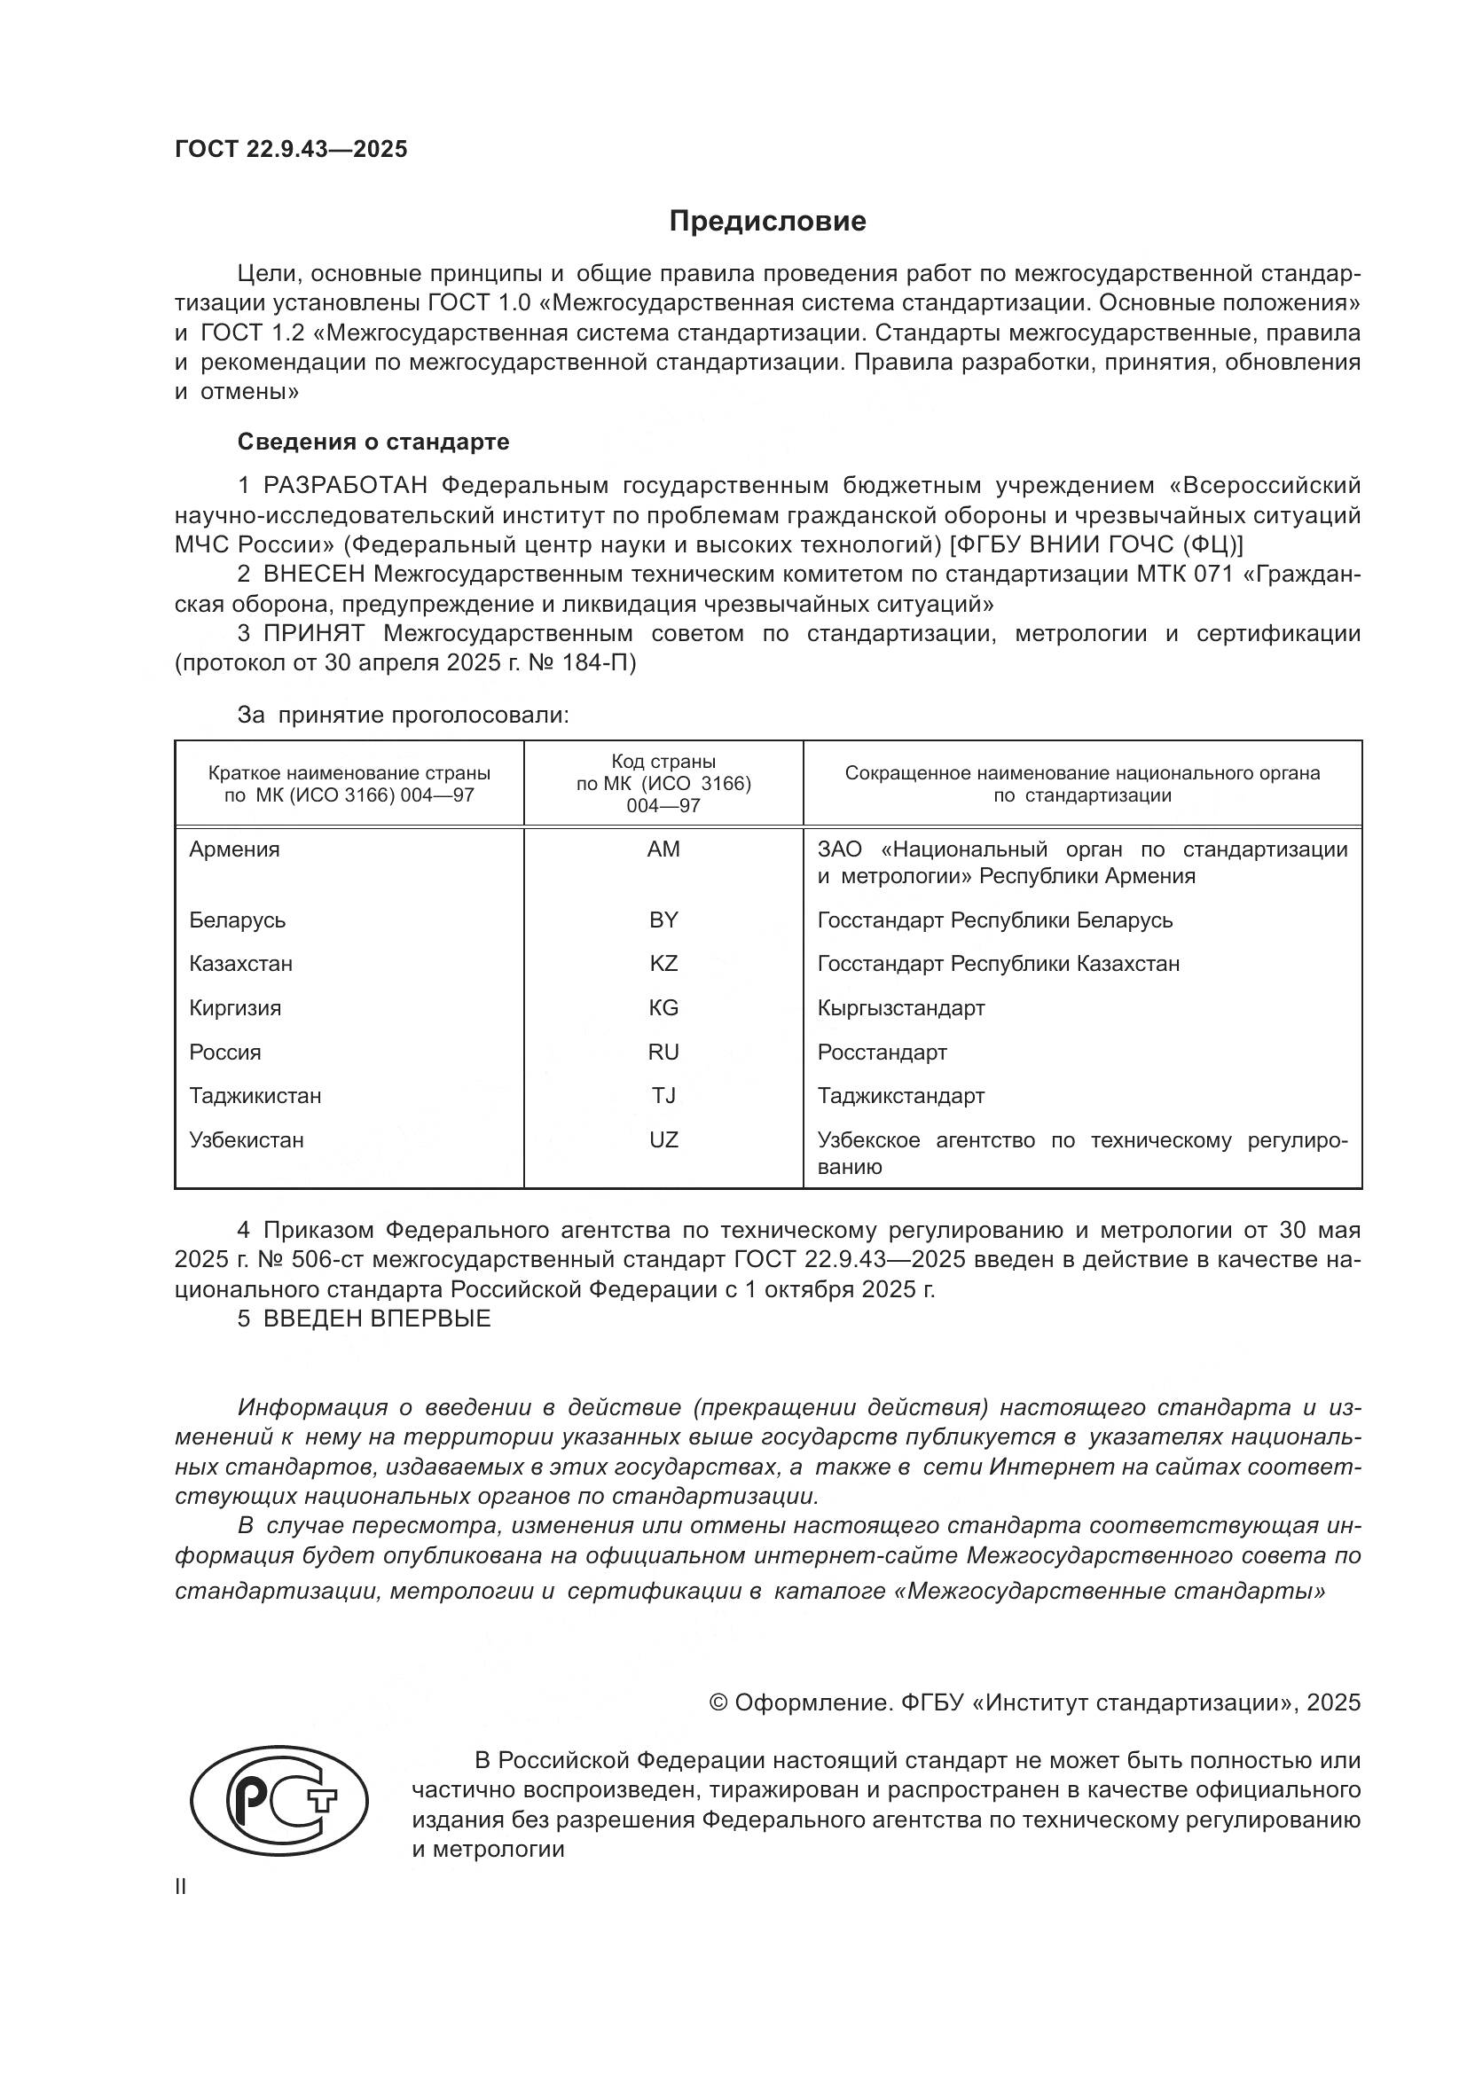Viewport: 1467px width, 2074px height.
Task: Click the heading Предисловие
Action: click(x=767, y=222)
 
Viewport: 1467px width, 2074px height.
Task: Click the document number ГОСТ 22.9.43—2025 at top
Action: click(x=291, y=149)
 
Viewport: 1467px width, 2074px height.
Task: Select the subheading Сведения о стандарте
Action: click(x=373, y=442)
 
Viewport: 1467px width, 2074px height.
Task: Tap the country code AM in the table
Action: click(x=663, y=849)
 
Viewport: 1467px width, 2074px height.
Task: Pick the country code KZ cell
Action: click(x=663, y=964)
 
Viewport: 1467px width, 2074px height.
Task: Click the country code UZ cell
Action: click(x=663, y=1140)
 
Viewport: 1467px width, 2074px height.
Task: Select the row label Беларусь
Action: click(x=238, y=920)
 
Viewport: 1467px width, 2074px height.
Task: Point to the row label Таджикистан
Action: click(x=255, y=1096)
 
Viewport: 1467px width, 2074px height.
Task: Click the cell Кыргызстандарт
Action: click(x=900, y=1008)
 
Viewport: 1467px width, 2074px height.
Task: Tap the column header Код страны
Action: click(x=663, y=762)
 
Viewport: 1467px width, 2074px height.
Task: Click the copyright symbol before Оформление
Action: click(x=719, y=1702)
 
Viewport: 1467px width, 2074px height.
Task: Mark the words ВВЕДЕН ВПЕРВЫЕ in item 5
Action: click(x=377, y=1318)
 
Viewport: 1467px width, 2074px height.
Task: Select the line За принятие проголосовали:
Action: click(x=403, y=716)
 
